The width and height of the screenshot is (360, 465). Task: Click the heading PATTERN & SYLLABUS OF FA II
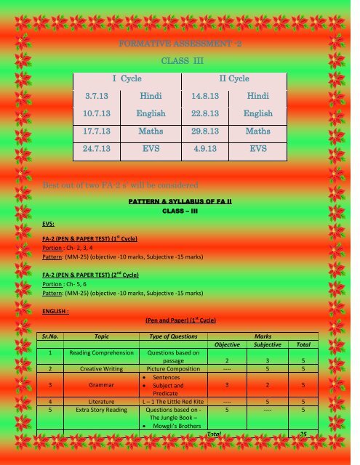click(x=180, y=200)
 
